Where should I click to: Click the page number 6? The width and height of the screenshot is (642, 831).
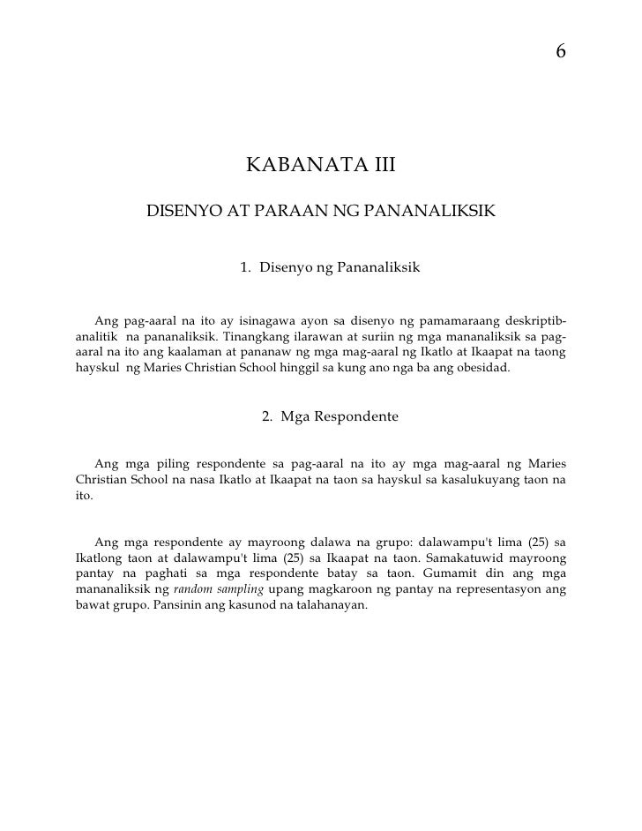coord(560,53)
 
